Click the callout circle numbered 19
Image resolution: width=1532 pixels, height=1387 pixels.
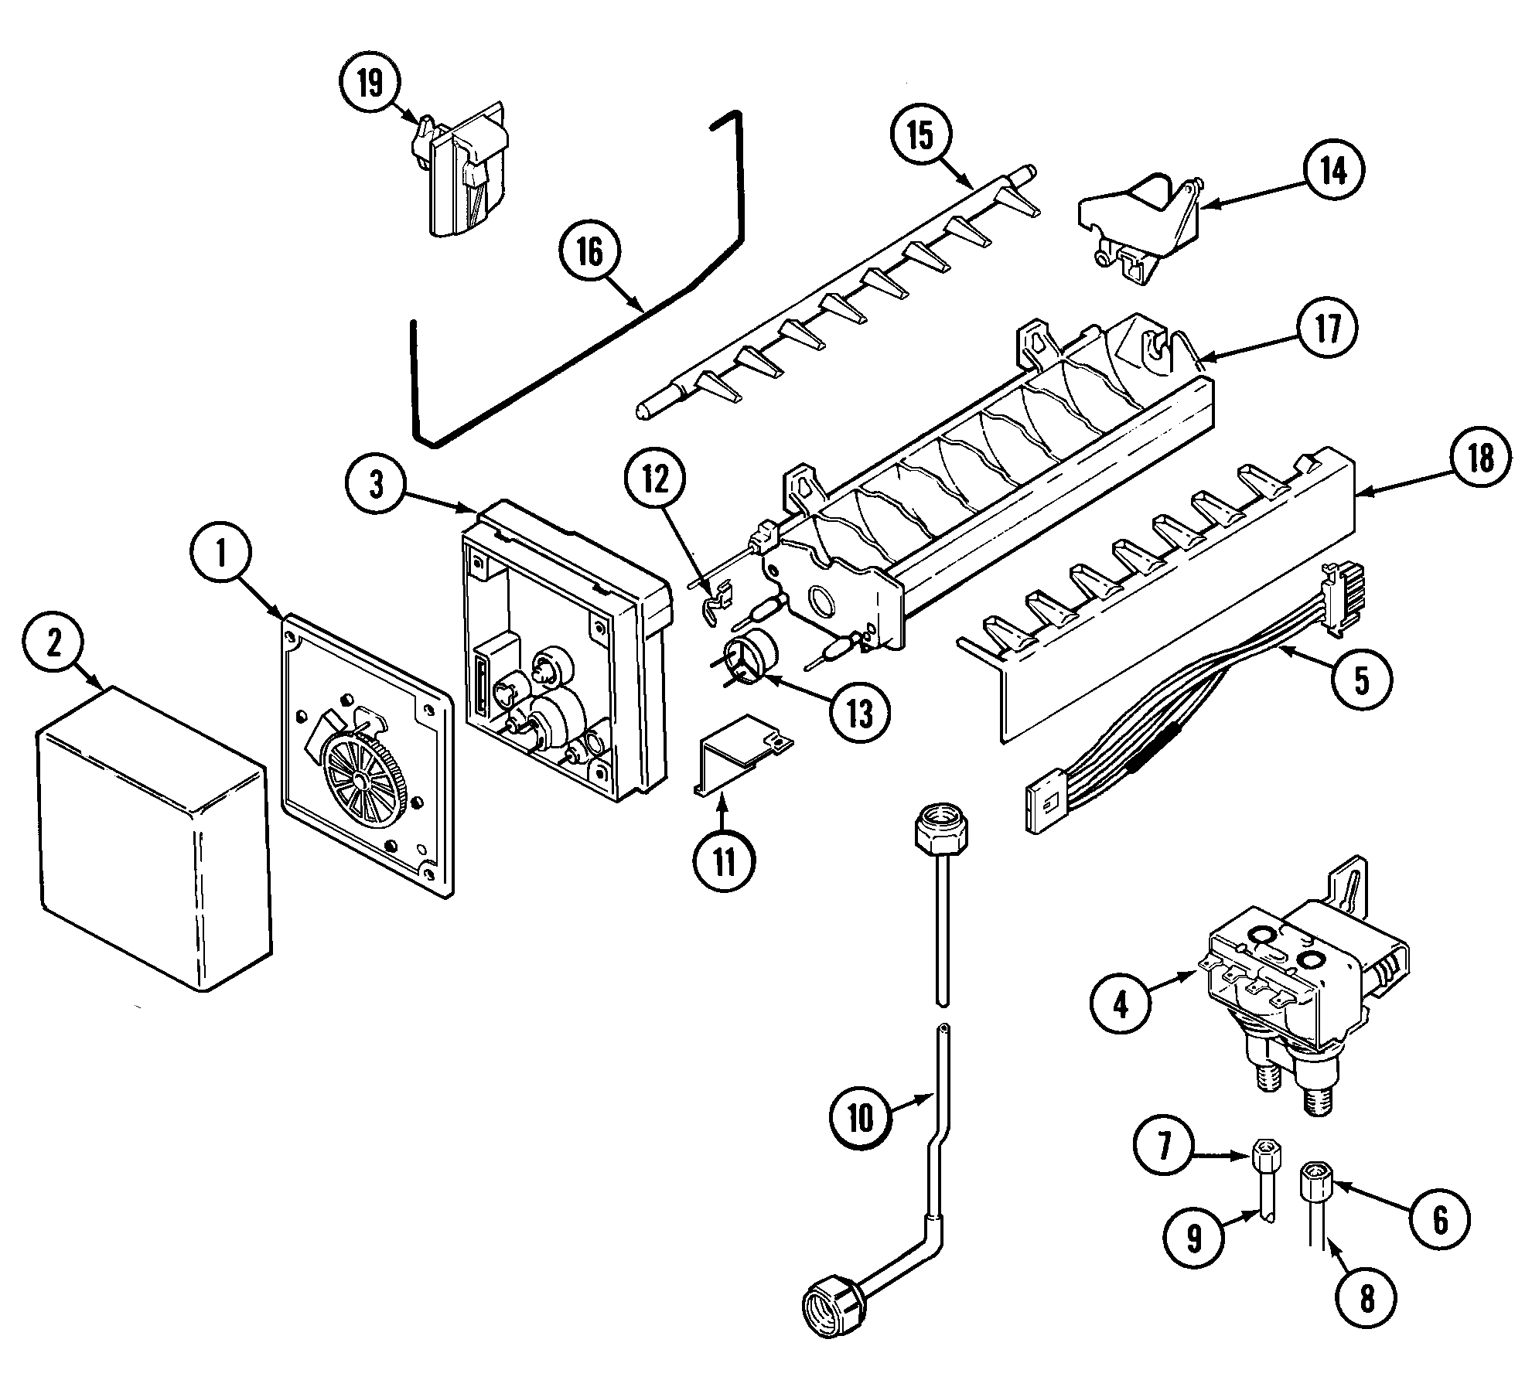370,83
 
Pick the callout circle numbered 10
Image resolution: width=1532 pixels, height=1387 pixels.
861,1117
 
